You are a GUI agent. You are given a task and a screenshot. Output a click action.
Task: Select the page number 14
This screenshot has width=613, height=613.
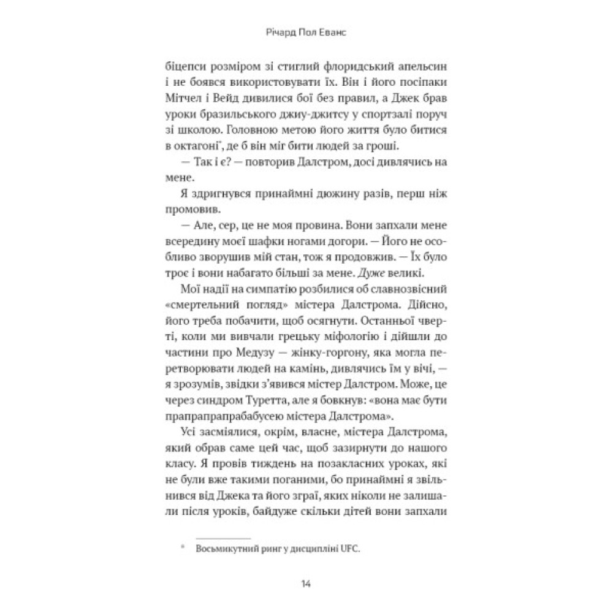point(306,582)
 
